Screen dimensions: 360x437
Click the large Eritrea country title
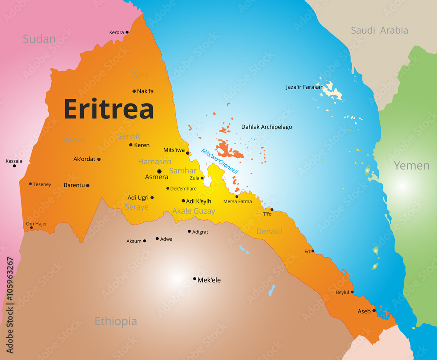[x=109, y=109]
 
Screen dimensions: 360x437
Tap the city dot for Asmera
[x=160, y=171]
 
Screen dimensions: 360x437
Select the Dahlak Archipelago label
[x=267, y=127]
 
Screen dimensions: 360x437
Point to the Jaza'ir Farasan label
[x=305, y=87]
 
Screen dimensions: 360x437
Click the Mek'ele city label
[x=209, y=280]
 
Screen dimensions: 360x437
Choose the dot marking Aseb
[x=374, y=311]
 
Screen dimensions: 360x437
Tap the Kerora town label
[x=116, y=32]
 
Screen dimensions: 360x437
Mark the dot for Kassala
[x=14, y=166]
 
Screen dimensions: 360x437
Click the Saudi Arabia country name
[x=379, y=30]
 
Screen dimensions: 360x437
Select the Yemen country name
[x=411, y=166]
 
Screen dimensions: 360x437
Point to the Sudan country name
[x=39, y=39]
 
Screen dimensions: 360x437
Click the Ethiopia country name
[x=116, y=322]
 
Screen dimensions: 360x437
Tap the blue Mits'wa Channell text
[x=219, y=161]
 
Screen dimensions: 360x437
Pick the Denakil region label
[x=269, y=231]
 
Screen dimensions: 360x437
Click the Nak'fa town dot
[x=134, y=91]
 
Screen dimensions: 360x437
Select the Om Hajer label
[x=36, y=224]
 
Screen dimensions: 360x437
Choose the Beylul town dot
[x=352, y=292]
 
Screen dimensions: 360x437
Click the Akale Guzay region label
[x=194, y=211]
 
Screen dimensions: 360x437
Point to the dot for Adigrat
[x=189, y=232]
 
